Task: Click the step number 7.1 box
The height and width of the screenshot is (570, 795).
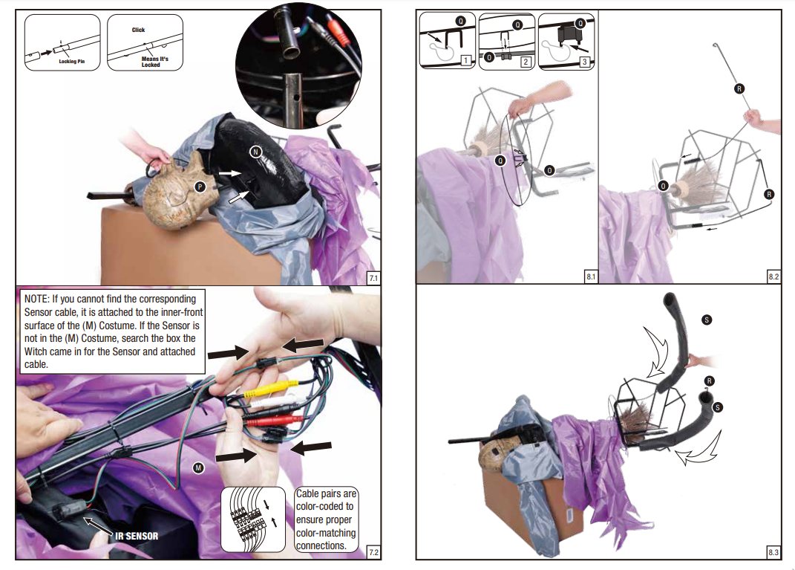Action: (373, 279)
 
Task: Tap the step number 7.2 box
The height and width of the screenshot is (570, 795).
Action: (373, 552)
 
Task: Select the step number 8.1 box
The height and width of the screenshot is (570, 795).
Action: (590, 276)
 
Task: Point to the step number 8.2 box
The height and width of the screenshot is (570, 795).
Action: (773, 276)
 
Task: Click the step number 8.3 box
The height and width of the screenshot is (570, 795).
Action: (773, 552)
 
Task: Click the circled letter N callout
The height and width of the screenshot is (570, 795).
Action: (255, 152)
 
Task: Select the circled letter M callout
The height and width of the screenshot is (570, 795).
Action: (198, 467)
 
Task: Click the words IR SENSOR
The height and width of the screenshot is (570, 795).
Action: (137, 535)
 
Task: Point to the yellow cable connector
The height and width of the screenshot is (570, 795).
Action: (278, 386)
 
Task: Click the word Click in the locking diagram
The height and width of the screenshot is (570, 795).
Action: (138, 30)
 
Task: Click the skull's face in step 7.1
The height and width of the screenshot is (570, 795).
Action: (174, 197)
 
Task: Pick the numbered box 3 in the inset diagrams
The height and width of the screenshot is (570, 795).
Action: (585, 62)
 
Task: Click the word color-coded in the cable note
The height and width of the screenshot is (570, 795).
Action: (324, 506)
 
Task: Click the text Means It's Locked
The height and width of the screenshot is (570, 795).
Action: (151, 62)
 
